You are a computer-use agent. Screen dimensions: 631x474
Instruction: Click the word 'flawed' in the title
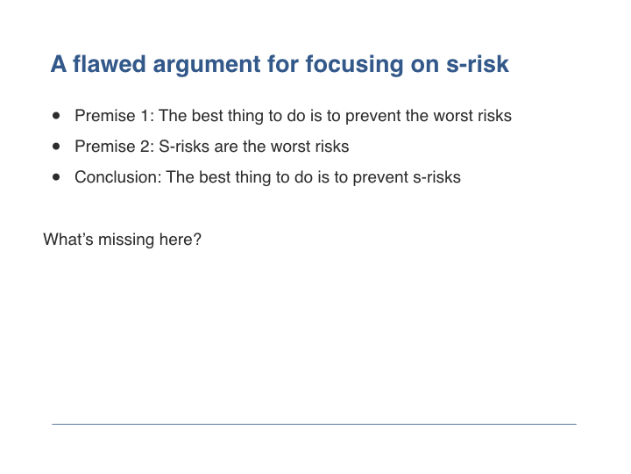pyautogui.click(x=109, y=64)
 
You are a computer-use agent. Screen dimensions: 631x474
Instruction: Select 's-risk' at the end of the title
pyautogui.click(x=478, y=64)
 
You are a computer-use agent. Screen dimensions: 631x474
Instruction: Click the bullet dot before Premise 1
pyautogui.click(x=56, y=116)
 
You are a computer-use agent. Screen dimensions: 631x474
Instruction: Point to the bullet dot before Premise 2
pyautogui.click(x=56, y=147)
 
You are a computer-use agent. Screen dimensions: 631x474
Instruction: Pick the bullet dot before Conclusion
pyautogui.click(x=56, y=177)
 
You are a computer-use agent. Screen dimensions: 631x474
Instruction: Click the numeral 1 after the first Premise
pyautogui.click(x=145, y=116)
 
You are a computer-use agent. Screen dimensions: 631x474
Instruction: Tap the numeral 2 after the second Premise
pyautogui.click(x=146, y=147)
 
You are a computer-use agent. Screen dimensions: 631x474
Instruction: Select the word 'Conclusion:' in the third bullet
pyautogui.click(x=118, y=177)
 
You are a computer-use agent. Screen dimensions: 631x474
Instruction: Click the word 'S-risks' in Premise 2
pyautogui.click(x=184, y=147)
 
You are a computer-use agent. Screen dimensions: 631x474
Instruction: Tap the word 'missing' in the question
pyautogui.click(x=126, y=241)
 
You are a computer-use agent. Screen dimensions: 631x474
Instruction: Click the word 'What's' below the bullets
pyautogui.click(x=68, y=239)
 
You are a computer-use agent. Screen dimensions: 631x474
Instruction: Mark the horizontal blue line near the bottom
pyautogui.click(x=314, y=424)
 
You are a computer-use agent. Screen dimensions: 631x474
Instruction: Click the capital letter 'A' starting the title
pyautogui.click(x=59, y=64)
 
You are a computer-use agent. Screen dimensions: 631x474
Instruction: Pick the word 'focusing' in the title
pyautogui.click(x=355, y=66)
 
